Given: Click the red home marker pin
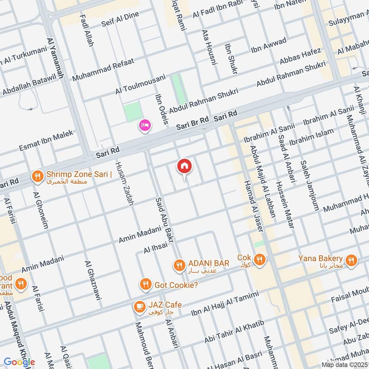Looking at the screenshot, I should [184, 166].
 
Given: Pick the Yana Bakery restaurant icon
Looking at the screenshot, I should [352, 261].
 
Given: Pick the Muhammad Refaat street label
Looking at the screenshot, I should [103, 69].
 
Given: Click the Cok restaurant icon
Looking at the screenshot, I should [260, 260].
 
